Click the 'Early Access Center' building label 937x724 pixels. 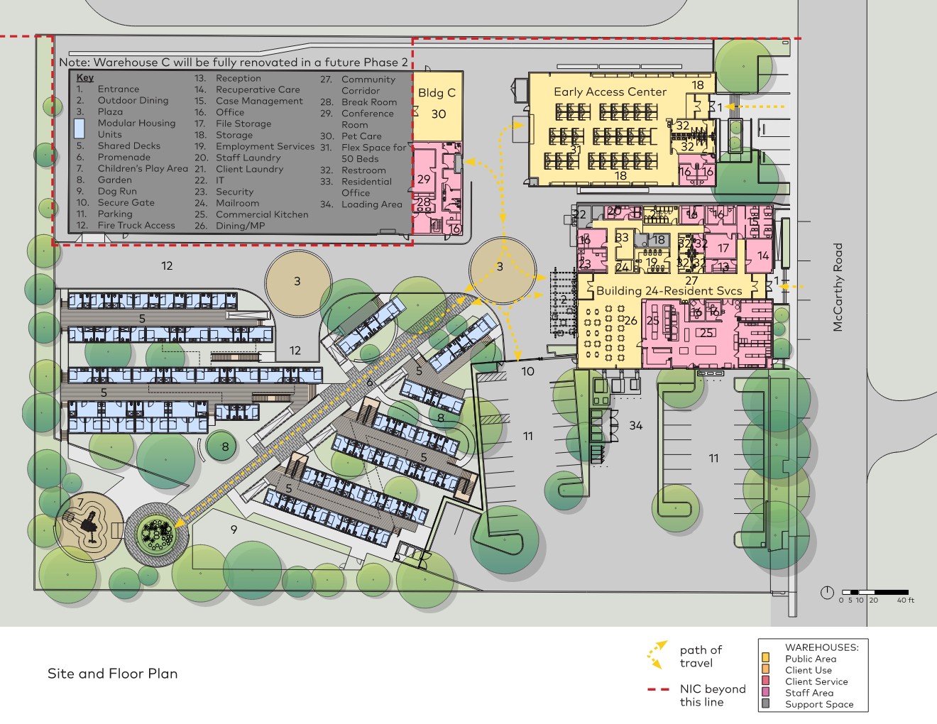[610, 92]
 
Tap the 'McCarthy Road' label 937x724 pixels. [838, 287]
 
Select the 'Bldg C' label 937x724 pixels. [437, 92]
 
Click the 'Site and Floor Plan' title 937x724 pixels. [112, 674]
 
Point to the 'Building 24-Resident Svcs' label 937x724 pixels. [669, 290]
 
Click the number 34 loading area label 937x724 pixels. [635, 425]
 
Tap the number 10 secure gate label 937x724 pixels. [527, 371]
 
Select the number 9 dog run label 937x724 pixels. [234, 530]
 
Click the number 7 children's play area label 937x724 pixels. [80, 503]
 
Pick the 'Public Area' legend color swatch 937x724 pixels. [765, 659]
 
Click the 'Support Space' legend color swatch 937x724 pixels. [765, 704]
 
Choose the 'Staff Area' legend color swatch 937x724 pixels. [765, 693]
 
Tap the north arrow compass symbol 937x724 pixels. [826, 592]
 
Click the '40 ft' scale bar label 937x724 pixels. [905, 600]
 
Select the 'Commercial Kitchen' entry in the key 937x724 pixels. [262, 214]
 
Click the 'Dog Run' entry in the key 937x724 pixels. [116, 191]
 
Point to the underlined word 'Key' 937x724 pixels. [85, 77]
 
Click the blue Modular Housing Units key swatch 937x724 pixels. [80, 128]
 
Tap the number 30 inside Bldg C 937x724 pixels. [439, 114]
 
